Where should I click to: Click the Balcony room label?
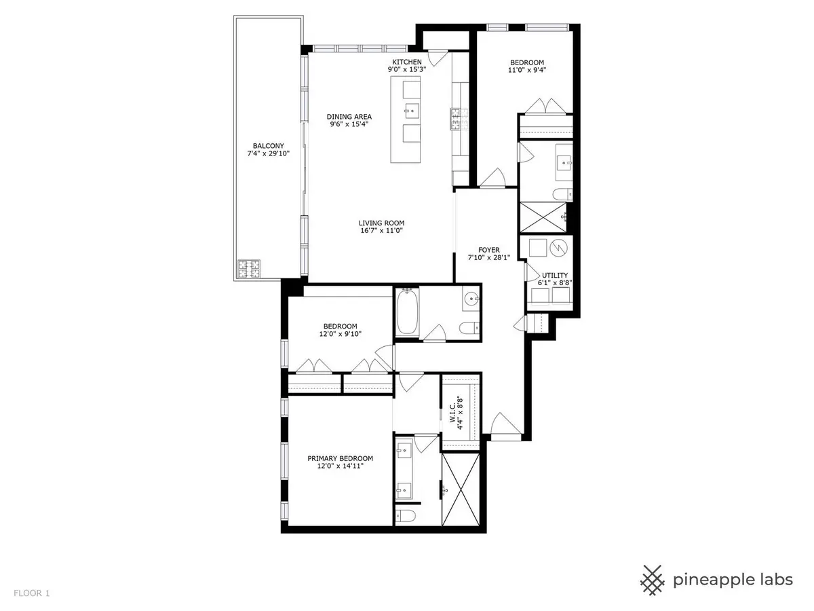coord(268,146)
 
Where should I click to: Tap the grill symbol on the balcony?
coord(249,269)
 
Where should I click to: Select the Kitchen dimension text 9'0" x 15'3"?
coord(407,69)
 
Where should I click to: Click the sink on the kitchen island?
coord(412,111)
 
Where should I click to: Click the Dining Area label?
coord(349,117)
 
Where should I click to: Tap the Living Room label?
coord(381,223)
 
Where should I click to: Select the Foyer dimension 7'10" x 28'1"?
coord(489,257)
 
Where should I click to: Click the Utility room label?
coord(555,275)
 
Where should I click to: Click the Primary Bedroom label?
coord(340,458)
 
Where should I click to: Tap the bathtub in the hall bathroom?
coord(407,312)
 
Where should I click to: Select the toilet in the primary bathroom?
coord(406,516)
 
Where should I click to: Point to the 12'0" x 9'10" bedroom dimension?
coord(340,334)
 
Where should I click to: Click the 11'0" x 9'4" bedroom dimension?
coord(527,70)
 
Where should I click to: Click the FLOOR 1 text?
coord(31,593)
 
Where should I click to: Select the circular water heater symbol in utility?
coord(558,248)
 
